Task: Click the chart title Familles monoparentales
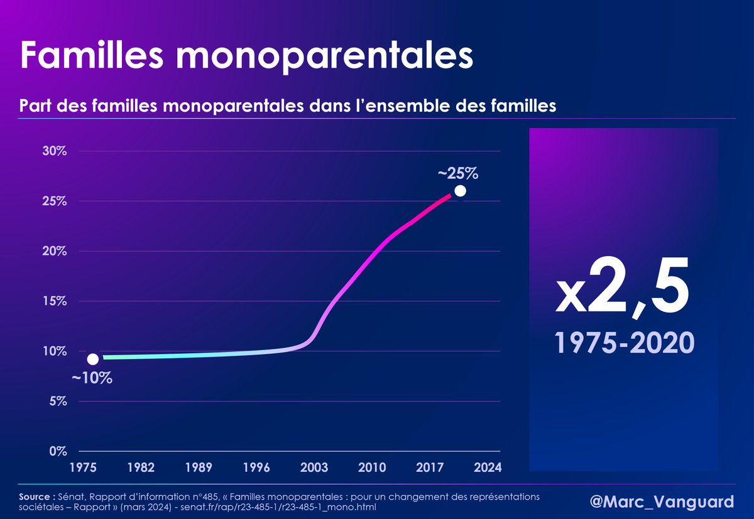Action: pyautogui.click(x=246, y=55)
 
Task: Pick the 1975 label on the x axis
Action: pyautogui.click(x=83, y=468)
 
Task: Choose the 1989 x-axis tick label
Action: pyautogui.click(x=199, y=468)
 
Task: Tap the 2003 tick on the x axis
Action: pyautogui.click(x=314, y=468)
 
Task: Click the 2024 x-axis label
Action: pyautogui.click(x=488, y=468)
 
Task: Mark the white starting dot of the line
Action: pyautogui.click(x=93, y=359)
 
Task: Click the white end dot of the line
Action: pyautogui.click(x=460, y=191)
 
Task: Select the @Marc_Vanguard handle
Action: pyautogui.click(x=662, y=502)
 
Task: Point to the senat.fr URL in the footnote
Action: pyautogui.click(x=277, y=506)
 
